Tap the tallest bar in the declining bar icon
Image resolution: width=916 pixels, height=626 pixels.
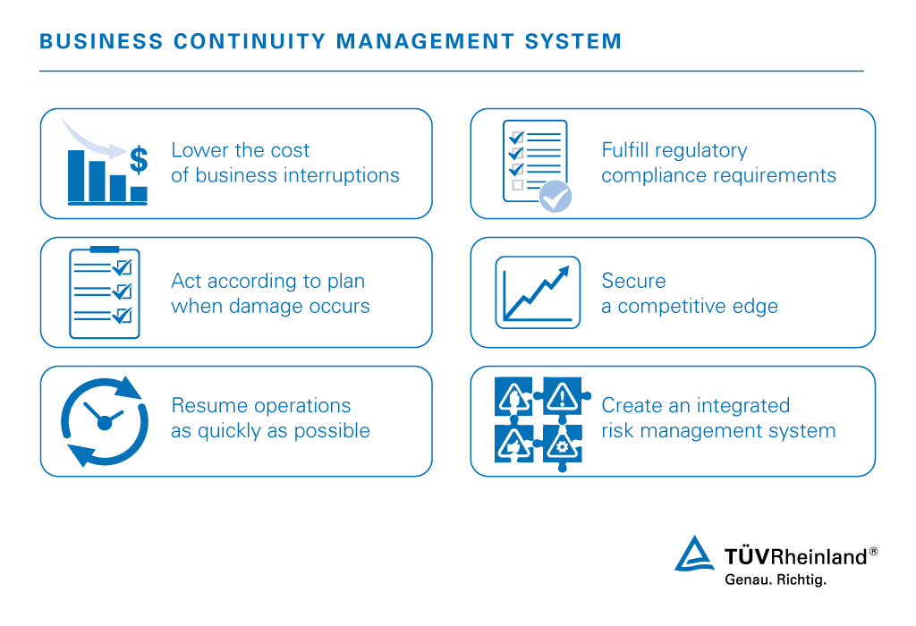(x=76, y=175)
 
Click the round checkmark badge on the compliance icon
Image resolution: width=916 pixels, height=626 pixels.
(x=556, y=196)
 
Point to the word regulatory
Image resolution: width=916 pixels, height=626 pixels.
(x=702, y=150)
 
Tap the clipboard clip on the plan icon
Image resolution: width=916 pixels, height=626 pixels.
(x=105, y=249)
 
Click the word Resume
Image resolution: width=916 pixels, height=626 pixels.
(x=202, y=405)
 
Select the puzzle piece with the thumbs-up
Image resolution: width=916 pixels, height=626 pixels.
(x=513, y=444)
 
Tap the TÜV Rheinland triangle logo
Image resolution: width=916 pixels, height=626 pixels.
(x=694, y=554)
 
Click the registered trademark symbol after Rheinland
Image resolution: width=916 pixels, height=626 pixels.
(x=873, y=552)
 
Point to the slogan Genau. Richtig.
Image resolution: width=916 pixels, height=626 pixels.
(x=775, y=579)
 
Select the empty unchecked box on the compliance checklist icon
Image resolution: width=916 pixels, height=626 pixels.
(x=517, y=184)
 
